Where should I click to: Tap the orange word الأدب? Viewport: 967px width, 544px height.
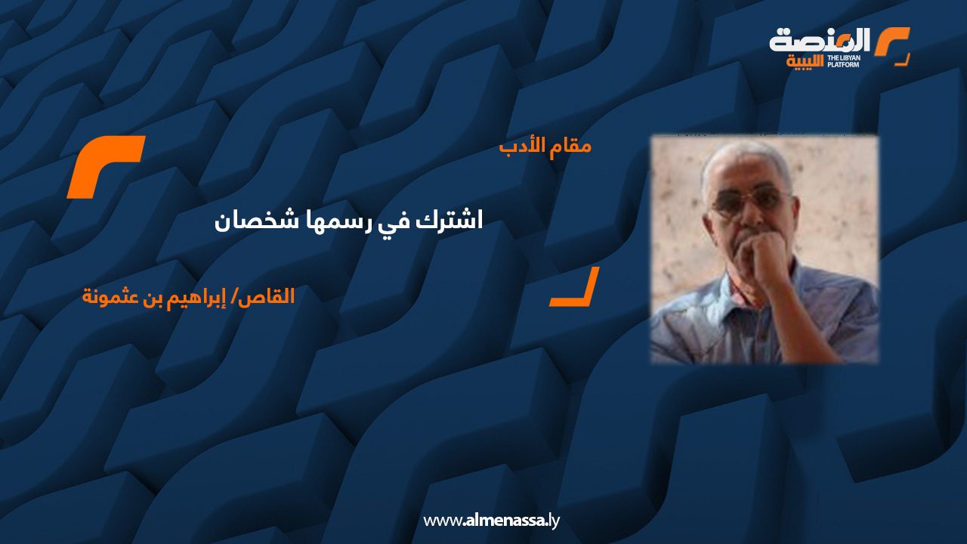pos(522,146)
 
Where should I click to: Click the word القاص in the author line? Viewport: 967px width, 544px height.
pos(265,297)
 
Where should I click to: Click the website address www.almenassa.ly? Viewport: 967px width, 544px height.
pos(491,521)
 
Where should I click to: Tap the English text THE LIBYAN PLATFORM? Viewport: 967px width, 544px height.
pos(844,61)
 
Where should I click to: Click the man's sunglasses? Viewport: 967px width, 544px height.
pos(750,201)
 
